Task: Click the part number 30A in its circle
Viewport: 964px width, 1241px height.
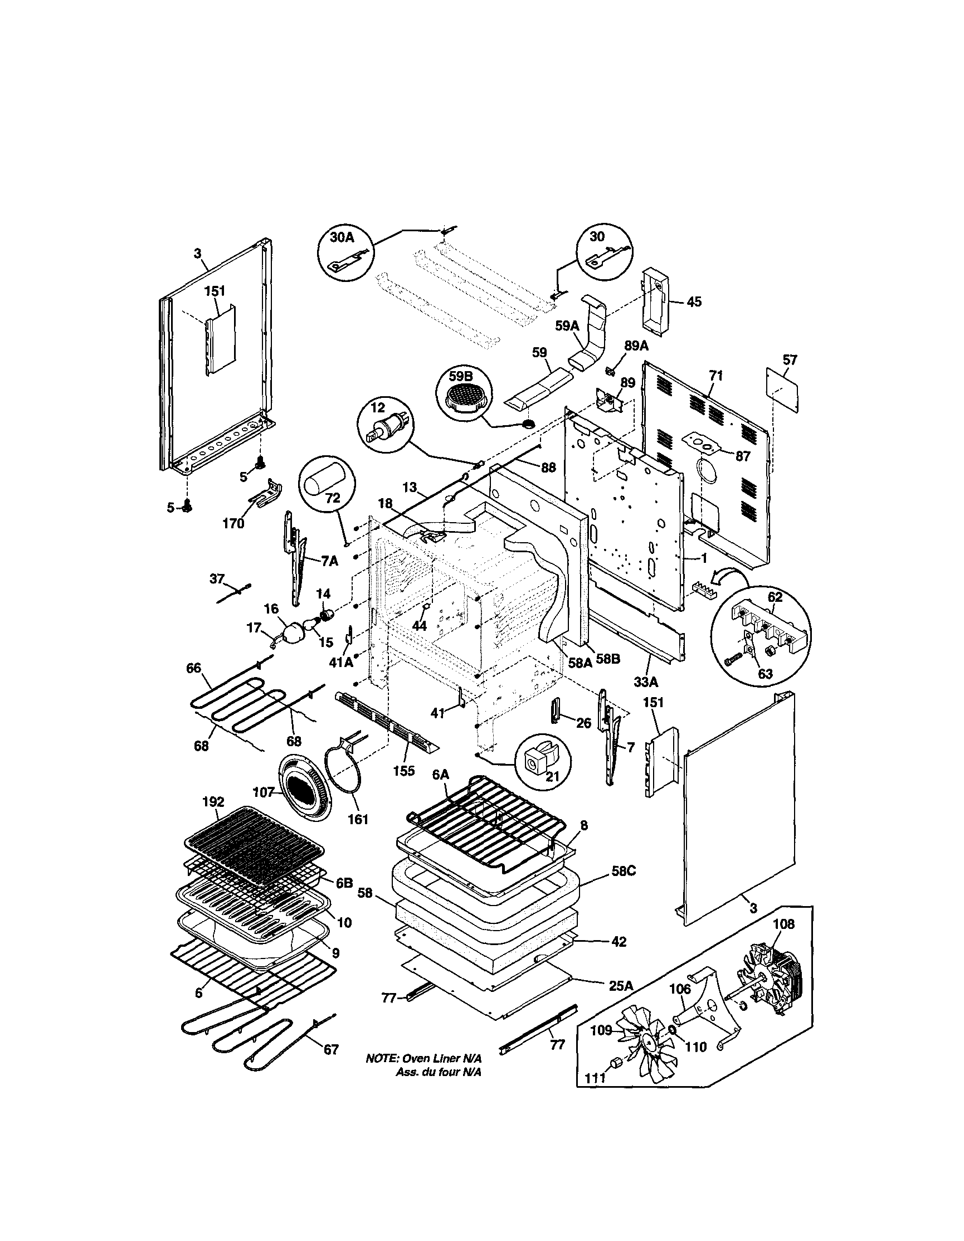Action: click(342, 237)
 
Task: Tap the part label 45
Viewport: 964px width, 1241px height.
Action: click(694, 301)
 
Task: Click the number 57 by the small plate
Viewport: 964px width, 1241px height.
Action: click(790, 359)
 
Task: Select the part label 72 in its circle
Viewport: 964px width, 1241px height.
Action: click(332, 498)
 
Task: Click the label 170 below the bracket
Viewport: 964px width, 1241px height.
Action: click(233, 523)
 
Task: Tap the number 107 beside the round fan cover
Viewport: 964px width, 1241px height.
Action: click(265, 791)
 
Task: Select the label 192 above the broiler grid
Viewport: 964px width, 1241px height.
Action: click(213, 802)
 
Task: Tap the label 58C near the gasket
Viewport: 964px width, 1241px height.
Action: click(623, 871)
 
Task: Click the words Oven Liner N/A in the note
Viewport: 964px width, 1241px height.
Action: click(442, 1059)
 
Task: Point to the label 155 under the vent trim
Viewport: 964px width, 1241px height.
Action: click(403, 771)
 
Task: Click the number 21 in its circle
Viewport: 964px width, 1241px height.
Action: click(552, 776)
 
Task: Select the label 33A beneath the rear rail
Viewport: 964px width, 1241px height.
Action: click(646, 681)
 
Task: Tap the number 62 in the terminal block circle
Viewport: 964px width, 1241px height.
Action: click(775, 597)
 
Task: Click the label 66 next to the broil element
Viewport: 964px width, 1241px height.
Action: click(194, 668)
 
